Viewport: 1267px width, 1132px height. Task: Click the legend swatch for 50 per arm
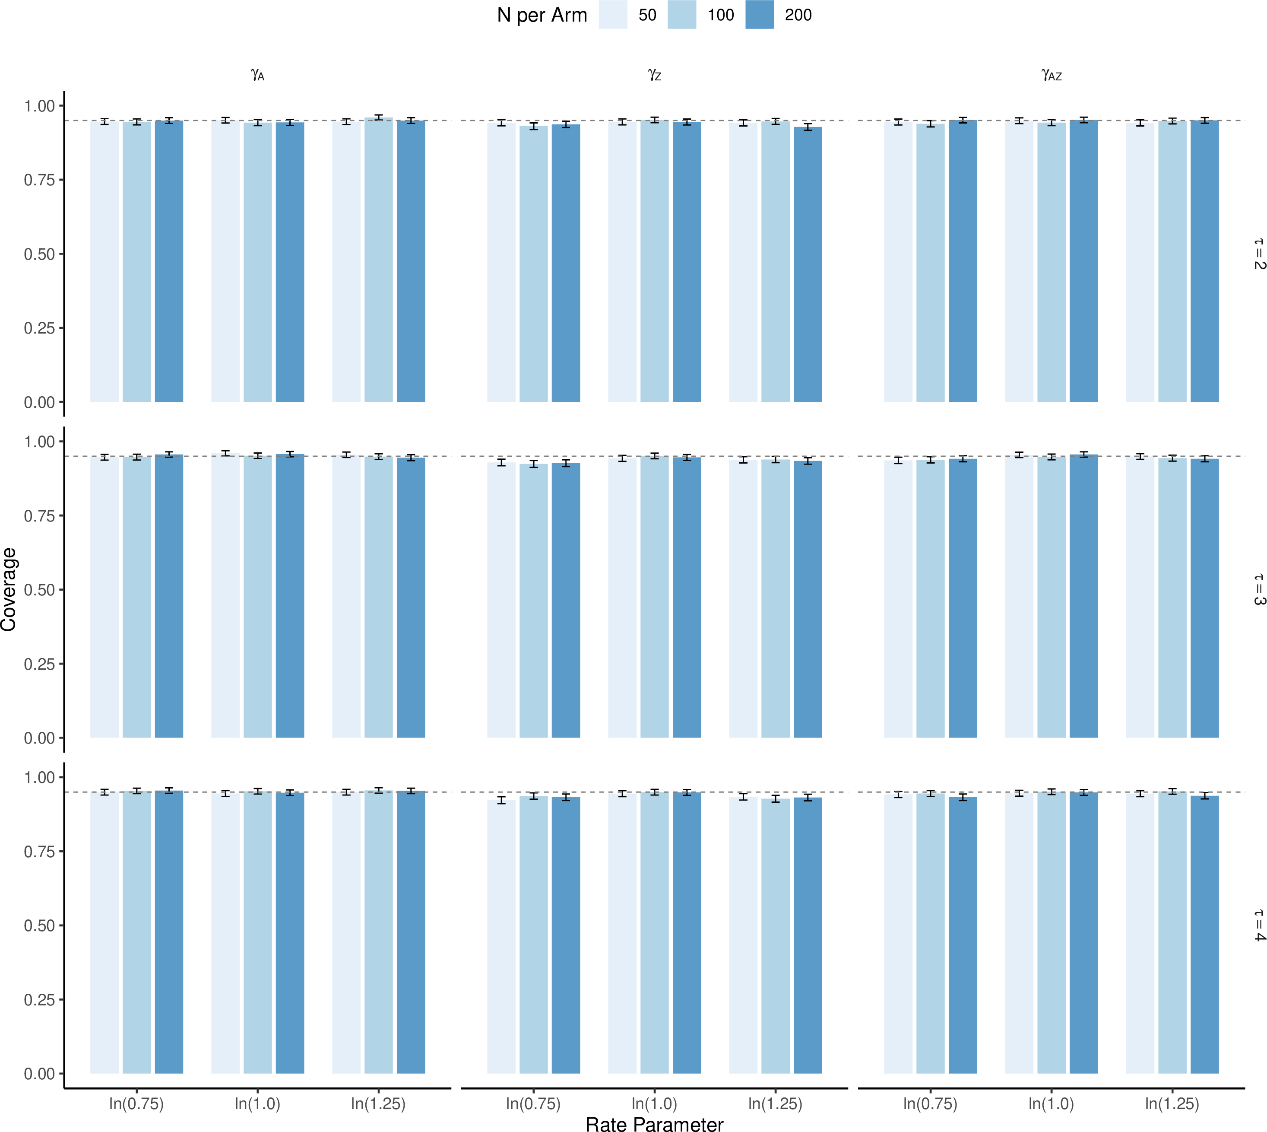[613, 14]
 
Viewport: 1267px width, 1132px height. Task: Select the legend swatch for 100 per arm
[682, 14]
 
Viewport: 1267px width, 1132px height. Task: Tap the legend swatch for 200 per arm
[760, 14]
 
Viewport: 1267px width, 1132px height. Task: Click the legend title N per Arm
[542, 15]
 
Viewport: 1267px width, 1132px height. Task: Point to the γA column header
[257, 75]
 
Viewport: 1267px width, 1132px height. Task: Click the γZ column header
[654, 75]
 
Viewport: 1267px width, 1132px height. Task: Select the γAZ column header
[1051, 75]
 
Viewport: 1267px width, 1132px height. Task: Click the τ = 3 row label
[1259, 590]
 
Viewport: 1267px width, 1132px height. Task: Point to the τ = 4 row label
[1259, 925]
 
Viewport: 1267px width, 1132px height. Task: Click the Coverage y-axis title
[9, 590]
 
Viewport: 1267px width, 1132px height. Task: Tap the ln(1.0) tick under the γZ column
[654, 1103]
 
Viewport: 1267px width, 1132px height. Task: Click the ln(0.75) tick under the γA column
[136, 1103]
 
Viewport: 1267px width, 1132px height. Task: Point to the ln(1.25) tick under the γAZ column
[1172, 1103]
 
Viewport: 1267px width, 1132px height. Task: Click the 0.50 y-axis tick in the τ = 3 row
[40, 590]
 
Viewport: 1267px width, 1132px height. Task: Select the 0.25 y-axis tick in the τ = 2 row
[40, 328]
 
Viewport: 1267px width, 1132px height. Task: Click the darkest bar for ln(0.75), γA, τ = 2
[169, 261]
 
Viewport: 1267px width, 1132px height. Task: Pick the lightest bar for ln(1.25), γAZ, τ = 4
[1140, 934]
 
